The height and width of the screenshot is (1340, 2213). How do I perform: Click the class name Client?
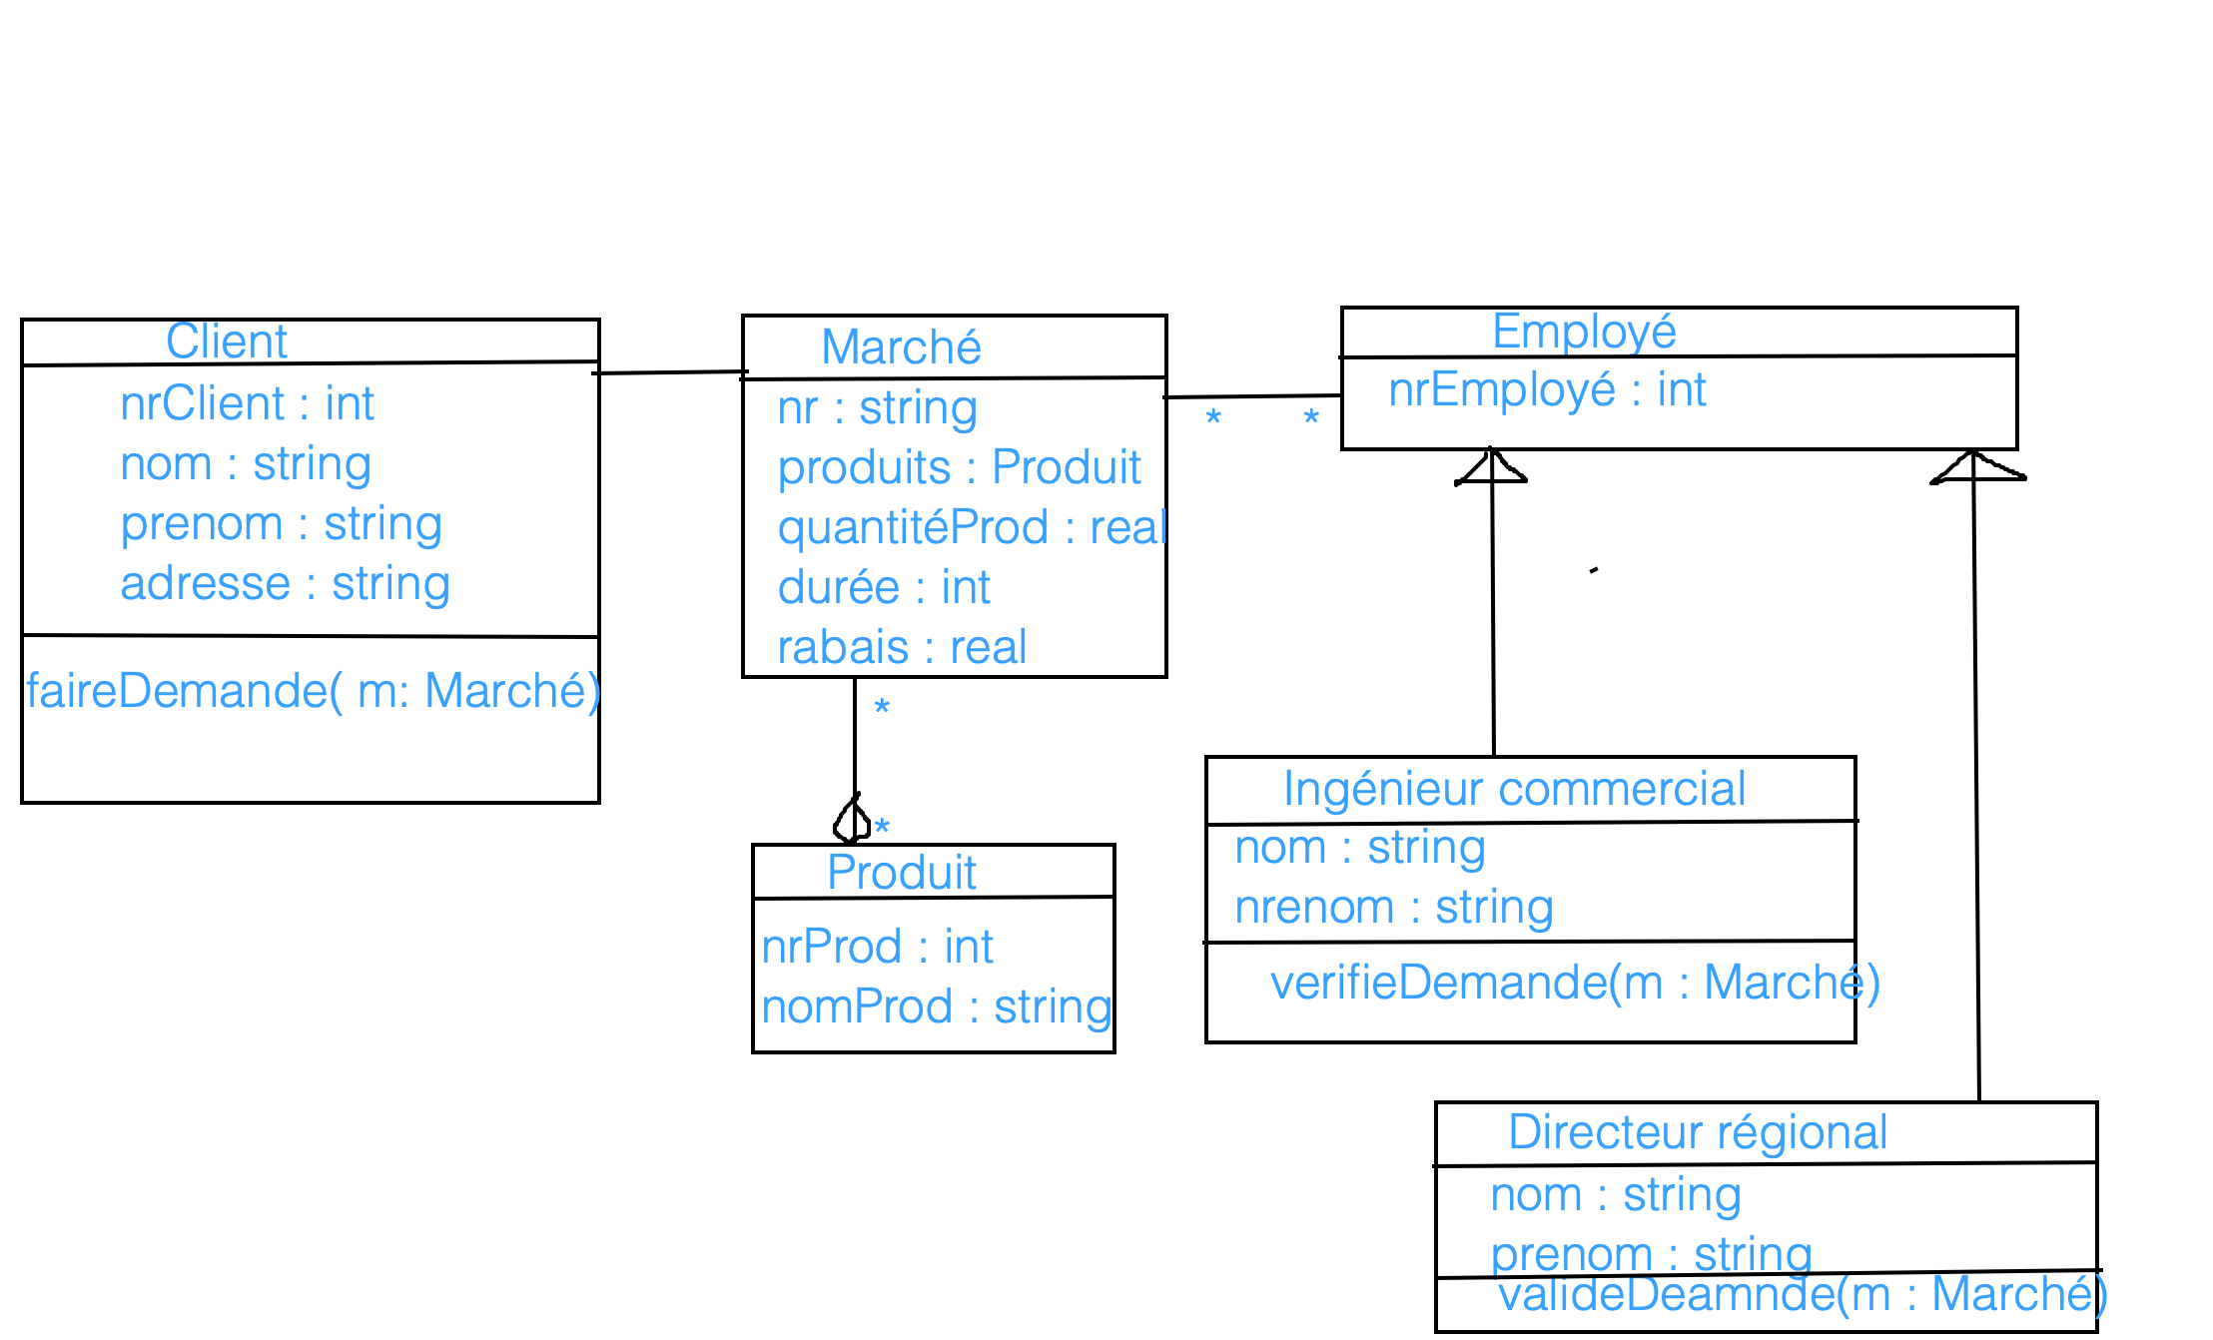[227, 341]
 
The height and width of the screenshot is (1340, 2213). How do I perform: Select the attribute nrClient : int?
[247, 403]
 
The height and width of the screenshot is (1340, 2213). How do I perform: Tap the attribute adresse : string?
[285, 583]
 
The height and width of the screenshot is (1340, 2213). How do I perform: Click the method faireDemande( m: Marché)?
[313, 691]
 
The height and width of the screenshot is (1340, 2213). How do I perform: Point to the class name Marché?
[901, 347]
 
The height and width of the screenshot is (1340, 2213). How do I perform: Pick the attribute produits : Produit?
[959, 467]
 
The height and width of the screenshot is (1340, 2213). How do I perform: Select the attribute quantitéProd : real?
[972, 527]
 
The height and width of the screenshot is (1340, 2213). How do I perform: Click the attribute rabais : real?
[902, 647]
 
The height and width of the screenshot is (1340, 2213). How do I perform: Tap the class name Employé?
[1584, 332]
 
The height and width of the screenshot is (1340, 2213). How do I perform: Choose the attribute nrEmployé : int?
[1547, 389]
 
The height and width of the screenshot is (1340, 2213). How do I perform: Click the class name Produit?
[902, 873]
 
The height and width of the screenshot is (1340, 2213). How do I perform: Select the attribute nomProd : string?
[936, 1006]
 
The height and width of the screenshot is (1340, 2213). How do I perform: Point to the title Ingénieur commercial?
[1514, 789]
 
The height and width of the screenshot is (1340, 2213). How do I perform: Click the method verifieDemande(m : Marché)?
[1575, 983]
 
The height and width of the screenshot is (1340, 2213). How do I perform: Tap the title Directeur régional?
[1698, 1132]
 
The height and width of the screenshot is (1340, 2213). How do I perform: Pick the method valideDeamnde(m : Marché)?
[1803, 1295]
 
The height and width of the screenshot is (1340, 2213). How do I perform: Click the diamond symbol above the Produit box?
[852, 821]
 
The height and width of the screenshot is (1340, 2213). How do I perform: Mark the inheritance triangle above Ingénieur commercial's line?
[1491, 467]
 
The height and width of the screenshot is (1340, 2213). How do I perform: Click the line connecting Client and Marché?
[670, 372]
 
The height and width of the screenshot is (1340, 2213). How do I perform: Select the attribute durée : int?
[884, 587]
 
